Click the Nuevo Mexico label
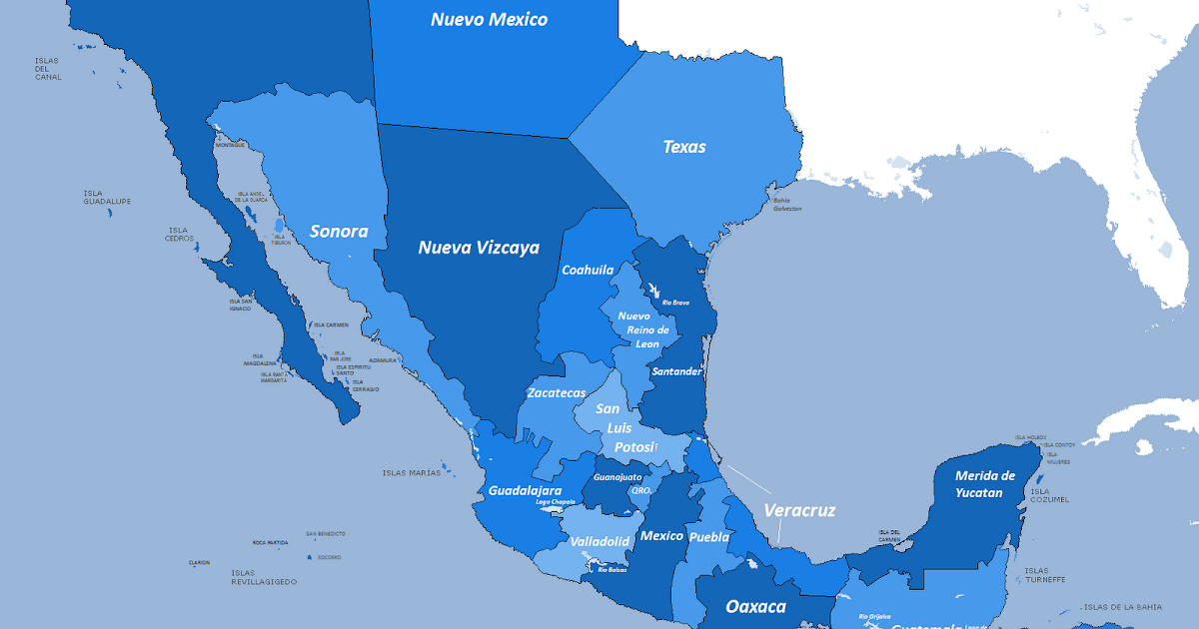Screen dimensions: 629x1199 click(489, 19)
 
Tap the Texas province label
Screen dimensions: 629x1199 click(684, 147)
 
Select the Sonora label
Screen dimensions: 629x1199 click(339, 232)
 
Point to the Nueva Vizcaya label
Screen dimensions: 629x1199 click(479, 248)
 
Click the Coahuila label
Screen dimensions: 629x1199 click(588, 270)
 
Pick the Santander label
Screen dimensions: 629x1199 click(676, 371)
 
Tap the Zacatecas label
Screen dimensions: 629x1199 click(557, 392)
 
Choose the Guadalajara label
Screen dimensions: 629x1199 click(525, 490)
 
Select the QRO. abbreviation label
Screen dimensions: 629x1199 click(641, 490)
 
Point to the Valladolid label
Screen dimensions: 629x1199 click(599, 541)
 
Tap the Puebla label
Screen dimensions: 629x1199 click(708, 536)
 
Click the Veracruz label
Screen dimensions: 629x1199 click(799, 510)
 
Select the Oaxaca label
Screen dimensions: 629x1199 click(755, 606)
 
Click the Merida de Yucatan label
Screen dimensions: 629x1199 click(985, 484)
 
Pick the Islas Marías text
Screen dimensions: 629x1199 click(411, 473)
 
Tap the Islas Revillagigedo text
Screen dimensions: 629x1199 click(263, 577)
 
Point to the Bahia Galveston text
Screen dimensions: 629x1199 click(787, 204)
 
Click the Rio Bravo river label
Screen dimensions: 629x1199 click(675, 303)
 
